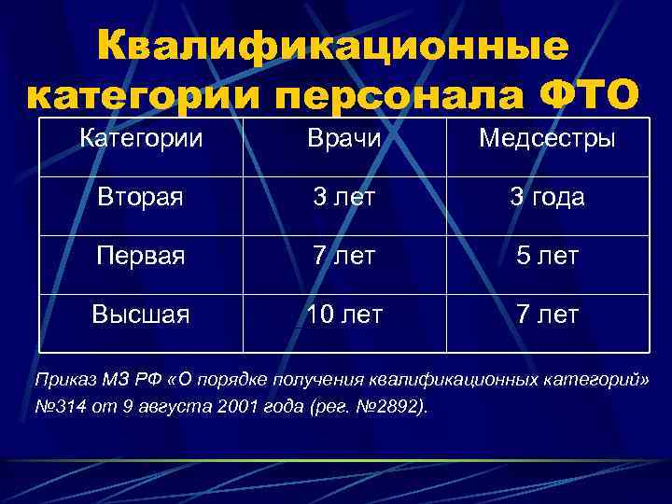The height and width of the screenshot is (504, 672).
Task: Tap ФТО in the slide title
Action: coord(588,95)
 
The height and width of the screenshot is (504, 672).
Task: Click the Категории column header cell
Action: coord(141,140)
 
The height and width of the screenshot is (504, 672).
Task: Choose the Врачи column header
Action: coord(345,140)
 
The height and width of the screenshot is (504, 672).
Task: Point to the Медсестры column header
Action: coord(546,140)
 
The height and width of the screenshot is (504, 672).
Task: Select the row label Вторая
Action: coord(141,198)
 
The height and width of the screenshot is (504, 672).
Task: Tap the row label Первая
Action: coord(141,256)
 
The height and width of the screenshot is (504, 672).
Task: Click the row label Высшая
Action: coord(141,315)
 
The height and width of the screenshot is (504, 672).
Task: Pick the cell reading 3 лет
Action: coord(345,198)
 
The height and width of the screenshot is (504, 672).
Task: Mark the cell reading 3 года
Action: coord(546,198)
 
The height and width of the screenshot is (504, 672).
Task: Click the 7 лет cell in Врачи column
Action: coord(345,256)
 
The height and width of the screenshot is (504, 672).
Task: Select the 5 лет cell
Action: coord(546,256)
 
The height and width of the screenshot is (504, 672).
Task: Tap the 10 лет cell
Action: coord(345,315)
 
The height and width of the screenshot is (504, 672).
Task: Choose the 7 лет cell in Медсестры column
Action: coord(546,315)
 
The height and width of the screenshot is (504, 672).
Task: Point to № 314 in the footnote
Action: coord(58,407)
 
